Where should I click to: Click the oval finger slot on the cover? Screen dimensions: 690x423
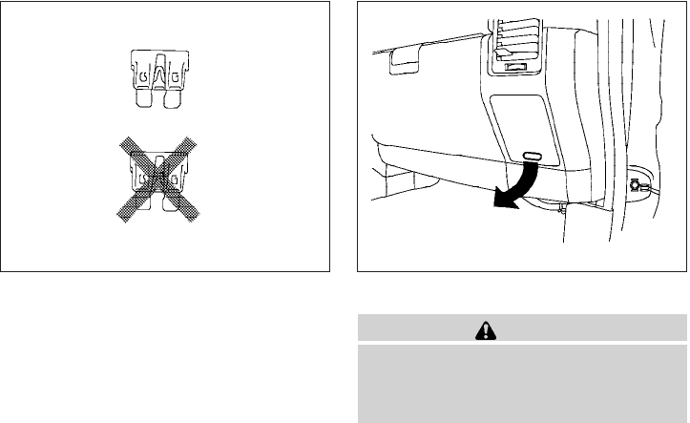pyautogui.click(x=533, y=155)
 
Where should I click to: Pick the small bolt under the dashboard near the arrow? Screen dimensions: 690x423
pyautogui.click(x=565, y=204)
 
